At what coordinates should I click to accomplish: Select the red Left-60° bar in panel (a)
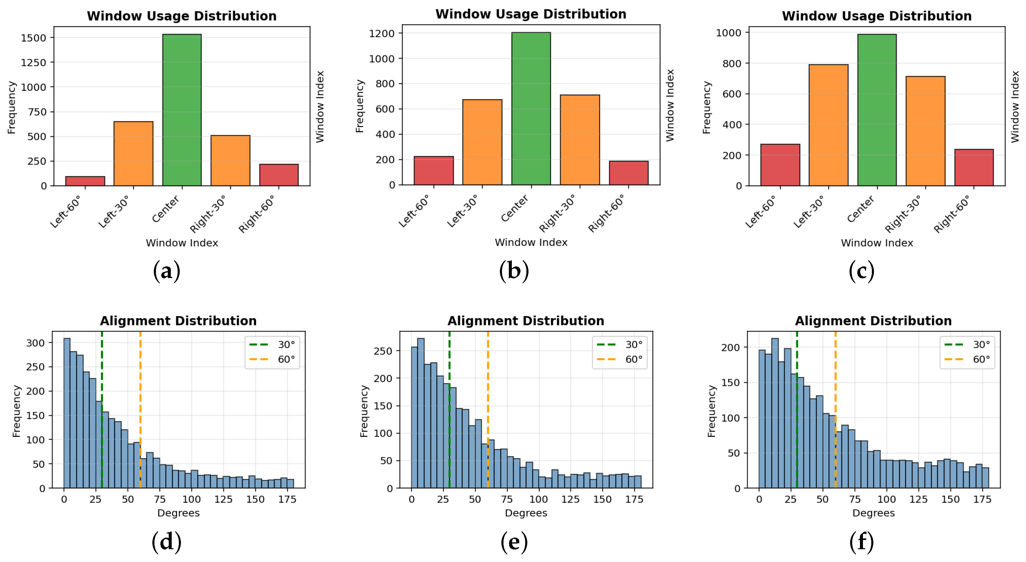point(85,181)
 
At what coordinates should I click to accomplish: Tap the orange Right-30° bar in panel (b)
point(580,140)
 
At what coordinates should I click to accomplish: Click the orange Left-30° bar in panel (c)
point(828,125)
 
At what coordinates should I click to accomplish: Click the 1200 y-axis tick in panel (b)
point(381,33)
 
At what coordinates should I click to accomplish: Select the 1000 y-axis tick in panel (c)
point(728,33)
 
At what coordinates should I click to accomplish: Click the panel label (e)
point(514,542)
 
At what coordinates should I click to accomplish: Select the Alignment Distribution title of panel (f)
point(873,321)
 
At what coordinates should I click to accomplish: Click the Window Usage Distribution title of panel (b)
point(531,14)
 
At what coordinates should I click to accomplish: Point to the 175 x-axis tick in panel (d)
point(287,499)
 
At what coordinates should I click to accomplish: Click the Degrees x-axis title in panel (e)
point(526,513)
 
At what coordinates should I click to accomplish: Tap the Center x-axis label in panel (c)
point(860,209)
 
